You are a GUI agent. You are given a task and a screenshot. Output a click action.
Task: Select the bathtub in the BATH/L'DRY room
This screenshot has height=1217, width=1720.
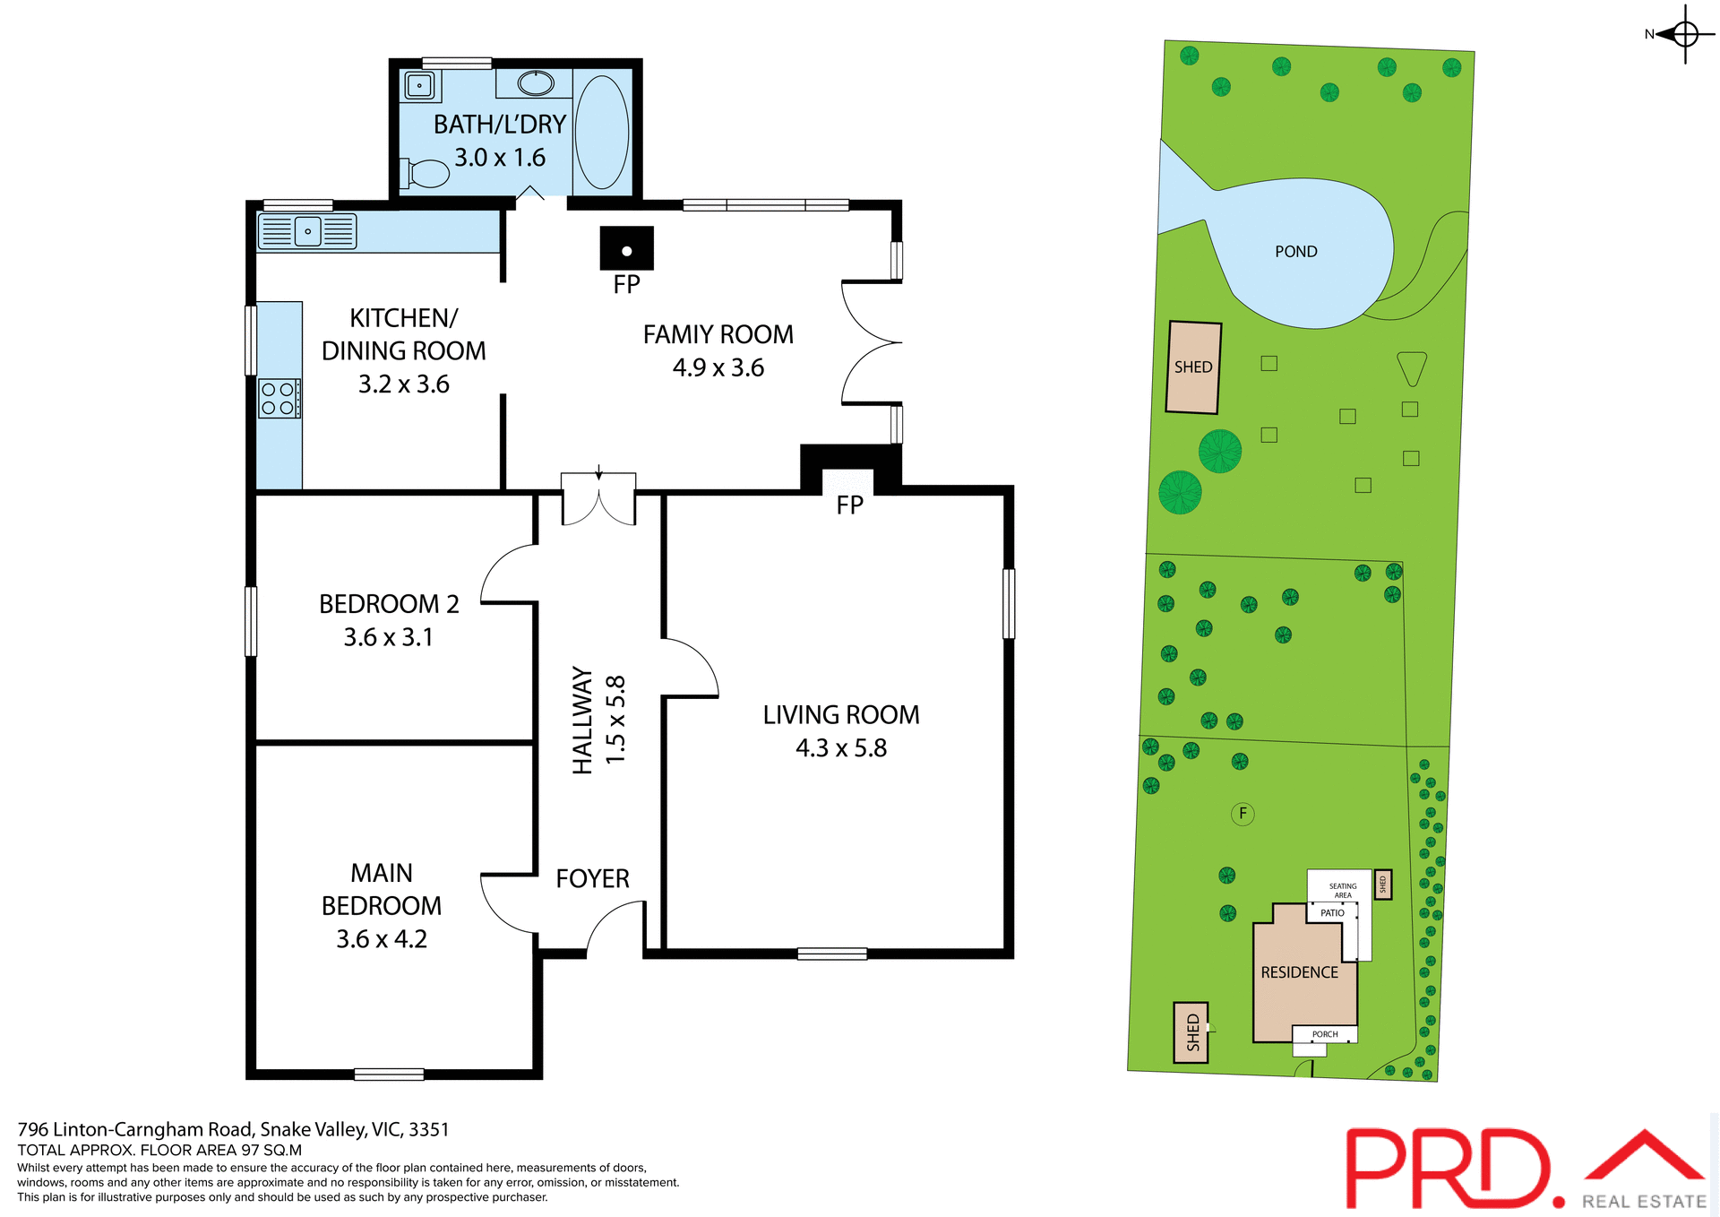601,131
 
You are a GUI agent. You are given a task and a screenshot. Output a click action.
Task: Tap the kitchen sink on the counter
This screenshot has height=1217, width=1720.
307,231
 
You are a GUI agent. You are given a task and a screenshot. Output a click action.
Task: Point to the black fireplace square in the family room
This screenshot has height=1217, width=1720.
626,248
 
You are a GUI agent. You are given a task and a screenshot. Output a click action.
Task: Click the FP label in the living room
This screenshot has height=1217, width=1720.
849,505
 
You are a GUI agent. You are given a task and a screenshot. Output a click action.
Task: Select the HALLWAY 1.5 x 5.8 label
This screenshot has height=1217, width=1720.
598,720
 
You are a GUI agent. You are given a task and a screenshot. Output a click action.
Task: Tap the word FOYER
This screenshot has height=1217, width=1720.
592,878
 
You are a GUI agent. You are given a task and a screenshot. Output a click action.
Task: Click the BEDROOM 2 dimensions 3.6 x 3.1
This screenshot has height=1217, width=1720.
388,637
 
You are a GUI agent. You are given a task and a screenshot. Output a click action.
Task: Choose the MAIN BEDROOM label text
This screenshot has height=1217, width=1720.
382,889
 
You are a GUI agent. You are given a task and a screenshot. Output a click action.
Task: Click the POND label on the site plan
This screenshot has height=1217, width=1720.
1295,252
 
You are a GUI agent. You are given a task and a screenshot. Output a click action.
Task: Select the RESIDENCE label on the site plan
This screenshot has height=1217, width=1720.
1299,972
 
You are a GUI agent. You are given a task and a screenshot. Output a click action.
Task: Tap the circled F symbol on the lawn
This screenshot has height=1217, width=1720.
1243,814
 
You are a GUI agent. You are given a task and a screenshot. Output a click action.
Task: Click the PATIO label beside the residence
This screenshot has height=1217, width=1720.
1332,913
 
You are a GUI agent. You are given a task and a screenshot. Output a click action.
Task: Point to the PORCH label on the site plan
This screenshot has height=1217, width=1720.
1324,1034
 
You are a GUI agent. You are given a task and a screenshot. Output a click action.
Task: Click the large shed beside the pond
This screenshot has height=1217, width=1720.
1193,367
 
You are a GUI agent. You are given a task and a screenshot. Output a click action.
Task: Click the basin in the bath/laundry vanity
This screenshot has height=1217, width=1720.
536,83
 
